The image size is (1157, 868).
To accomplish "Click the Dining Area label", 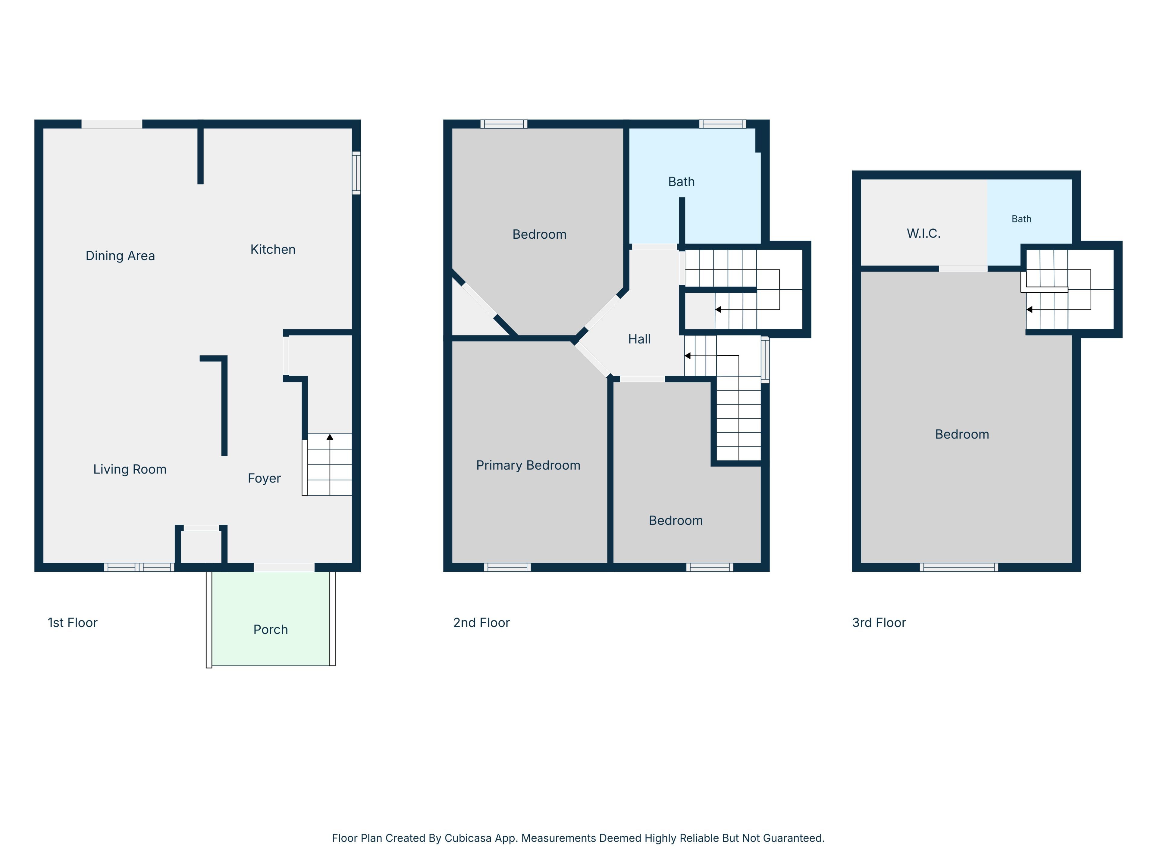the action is (x=120, y=256).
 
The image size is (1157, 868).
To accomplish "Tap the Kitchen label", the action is (x=273, y=250).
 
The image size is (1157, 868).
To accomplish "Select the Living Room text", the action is (x=130, y=469).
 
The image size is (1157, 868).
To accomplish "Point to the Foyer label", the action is (x=264, y=478).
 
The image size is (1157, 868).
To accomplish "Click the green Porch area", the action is (x=271, y=618).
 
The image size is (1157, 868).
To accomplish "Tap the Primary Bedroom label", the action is (x=528, y=465).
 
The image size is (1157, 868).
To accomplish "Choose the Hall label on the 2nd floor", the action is (x=639, y=339).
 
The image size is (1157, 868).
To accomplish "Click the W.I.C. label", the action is (x=924, y=233).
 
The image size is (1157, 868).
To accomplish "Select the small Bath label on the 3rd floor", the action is (x=1021, y=219).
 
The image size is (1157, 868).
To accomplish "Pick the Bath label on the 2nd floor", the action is (x=682, y=181).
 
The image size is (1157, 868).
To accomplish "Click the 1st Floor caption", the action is (x=73, y=623).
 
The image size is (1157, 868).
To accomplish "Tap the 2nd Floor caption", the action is (x=481, y=623).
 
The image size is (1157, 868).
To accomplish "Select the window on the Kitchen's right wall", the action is (x=356, y=173).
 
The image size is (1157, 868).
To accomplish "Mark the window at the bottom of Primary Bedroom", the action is (x=507, y=567).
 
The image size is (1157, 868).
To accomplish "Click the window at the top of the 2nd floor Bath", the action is (x=722, y=124).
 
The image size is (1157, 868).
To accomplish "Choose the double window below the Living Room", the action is (x=139, y=567).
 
